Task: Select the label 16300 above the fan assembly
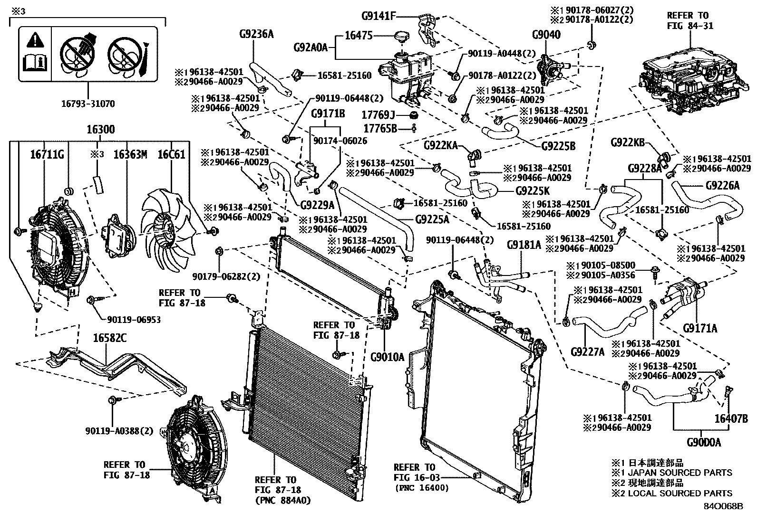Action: point(100,130)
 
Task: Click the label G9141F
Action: point(378,16)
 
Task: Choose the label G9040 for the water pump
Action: point(546,35)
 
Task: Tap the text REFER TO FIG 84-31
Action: point(690,21)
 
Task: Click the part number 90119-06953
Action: point(134,320)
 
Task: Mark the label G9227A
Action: point(587,351)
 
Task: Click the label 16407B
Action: point(731,419)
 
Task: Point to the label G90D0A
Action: point(704,443)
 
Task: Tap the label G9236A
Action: point(257,34)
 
